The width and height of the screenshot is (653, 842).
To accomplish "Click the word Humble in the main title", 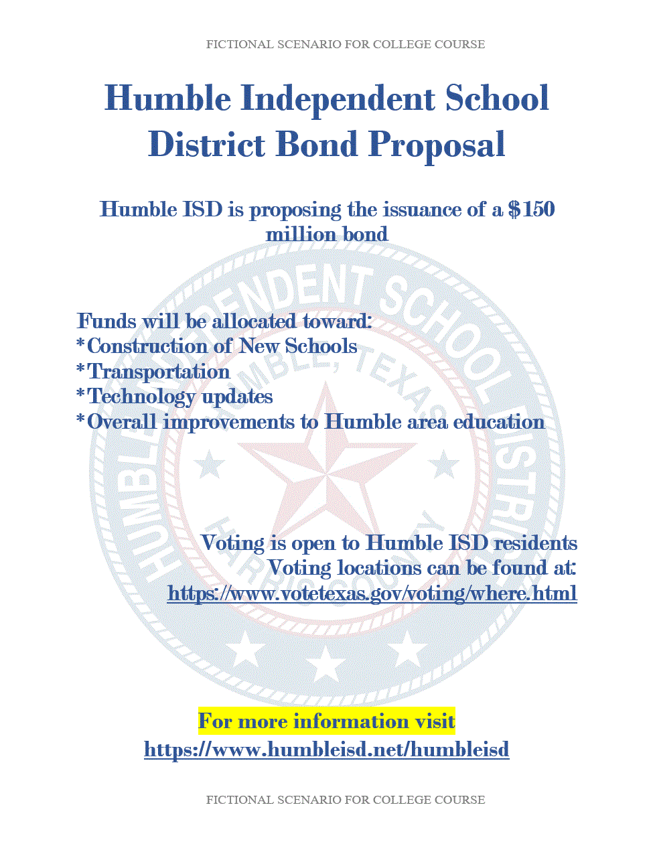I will coord(167,98).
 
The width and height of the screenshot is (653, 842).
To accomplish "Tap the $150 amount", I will coord(532,209).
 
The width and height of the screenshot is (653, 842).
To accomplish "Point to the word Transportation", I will coord(158,372).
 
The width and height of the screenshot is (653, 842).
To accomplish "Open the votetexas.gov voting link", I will coord(372,593).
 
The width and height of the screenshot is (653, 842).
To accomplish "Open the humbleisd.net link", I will coord(326,749).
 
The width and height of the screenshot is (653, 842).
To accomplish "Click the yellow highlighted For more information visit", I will coord(326,721).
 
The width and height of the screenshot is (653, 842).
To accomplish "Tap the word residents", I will coord(535,543).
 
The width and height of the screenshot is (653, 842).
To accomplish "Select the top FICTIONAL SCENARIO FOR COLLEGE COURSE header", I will coord(345,44).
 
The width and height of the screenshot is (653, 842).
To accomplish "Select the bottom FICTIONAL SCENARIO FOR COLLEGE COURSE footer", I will coord(345,800).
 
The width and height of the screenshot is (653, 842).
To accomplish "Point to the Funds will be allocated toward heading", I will coord(224,322).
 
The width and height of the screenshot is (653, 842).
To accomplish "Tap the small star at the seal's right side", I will coord(443,464).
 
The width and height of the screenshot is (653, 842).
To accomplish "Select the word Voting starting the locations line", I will coord(299,568).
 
